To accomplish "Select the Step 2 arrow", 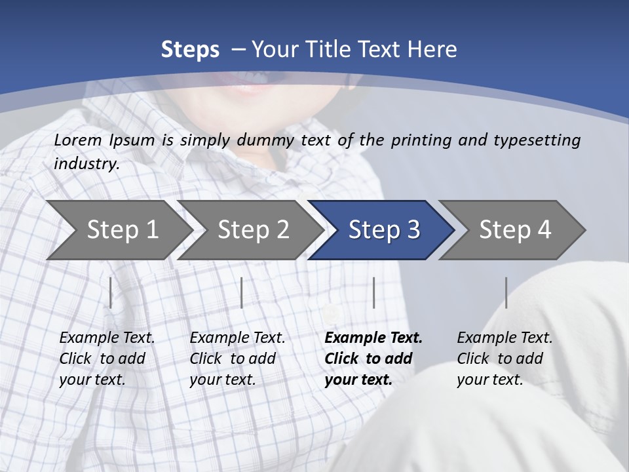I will pyautogui.click(x=252, y=230).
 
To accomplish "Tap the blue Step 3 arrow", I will pyautogui.click(x=383, y=230).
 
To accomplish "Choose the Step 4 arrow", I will pyautogui.click(x=514, y=230).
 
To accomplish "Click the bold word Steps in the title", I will pyautogui.click(x=190, y=50).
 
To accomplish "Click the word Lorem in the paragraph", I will pyautogui.click(x=78, y=140).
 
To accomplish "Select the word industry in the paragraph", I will pyautogui.click(x=86, y=164).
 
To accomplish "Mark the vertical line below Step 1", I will pyautogui.click(x=111, y=292).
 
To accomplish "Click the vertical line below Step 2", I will pyautogui.click(x=242, y=292).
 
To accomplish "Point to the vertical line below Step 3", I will pyautogui.click(x=373, y=292).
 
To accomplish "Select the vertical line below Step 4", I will pyautogui.click(x=506, y=292).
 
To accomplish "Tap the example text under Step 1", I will pyautogui.click(x=107, y=359).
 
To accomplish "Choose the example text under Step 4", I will pyautogui.click(x=505, y=359).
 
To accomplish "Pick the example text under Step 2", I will pyautogui.click(x=237, y=359).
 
